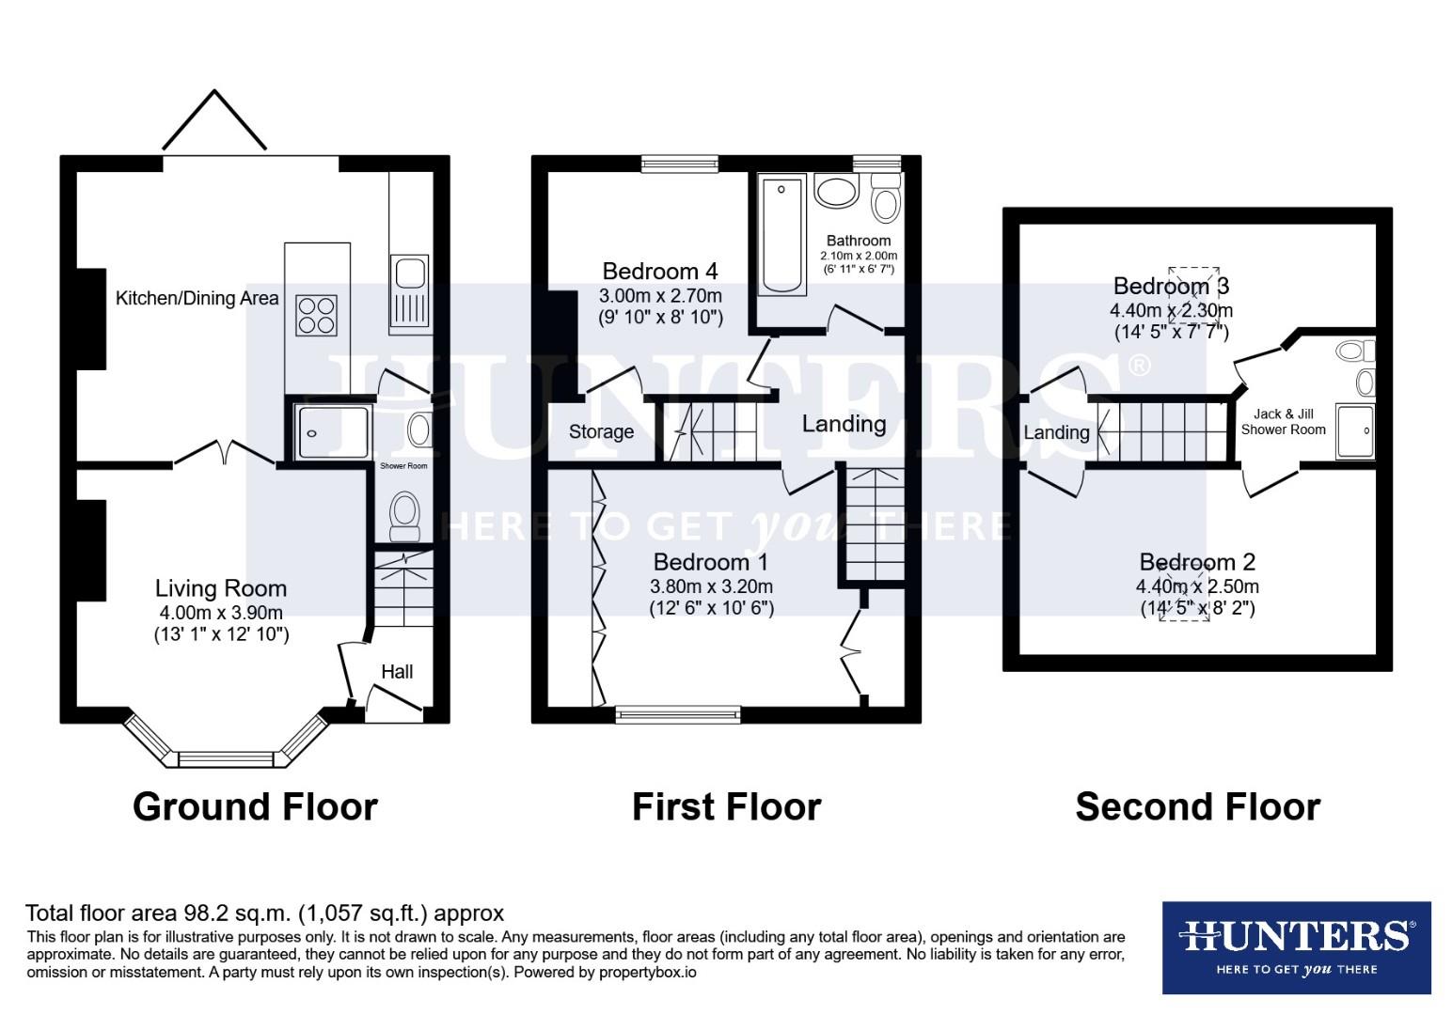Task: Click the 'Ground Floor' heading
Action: point(255,807)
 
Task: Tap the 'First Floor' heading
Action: point(726,807)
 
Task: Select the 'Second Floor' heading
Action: point(1197,807)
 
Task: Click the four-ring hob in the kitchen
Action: point(316,315)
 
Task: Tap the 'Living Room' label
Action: point(221,589)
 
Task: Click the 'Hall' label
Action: point(397,672)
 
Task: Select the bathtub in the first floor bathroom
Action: point(782,234)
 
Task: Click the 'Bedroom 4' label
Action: point(659,272)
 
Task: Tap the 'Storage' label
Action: point(601,432)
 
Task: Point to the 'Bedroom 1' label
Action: point(710,562)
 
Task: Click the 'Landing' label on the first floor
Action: point(844,424)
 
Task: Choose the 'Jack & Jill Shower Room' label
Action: point(1283,422)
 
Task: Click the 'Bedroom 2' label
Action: point(1197,562)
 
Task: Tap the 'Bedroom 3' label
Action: point(1171,286)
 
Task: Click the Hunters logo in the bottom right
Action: point(1296,947)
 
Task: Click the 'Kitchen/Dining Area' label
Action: point(197,299)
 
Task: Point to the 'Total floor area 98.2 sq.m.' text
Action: point(264,913)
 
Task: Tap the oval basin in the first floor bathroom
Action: point(835,191)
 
